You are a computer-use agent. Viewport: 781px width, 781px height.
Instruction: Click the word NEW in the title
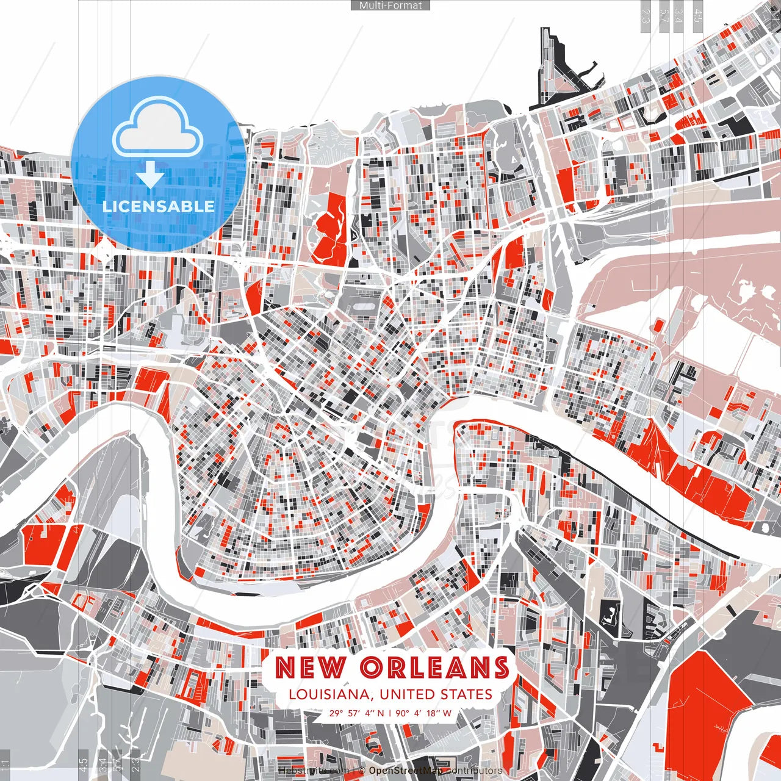309,668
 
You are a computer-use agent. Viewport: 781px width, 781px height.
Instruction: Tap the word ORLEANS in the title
434,668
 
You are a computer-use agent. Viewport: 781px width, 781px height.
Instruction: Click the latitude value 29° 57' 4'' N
357,713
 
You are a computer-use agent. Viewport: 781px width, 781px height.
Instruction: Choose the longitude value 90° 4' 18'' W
423,713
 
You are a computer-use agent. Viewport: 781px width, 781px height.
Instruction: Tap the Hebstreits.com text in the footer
314,771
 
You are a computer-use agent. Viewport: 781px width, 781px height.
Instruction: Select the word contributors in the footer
474,771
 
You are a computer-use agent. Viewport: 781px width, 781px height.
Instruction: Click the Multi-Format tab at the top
390,5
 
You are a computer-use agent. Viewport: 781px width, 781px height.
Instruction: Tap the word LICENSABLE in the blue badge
158,206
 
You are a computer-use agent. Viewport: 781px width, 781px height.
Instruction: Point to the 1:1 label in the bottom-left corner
5,765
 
